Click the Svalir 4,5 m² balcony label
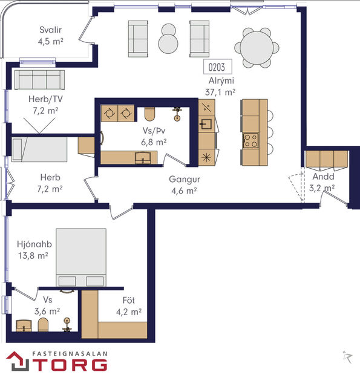(51, 36)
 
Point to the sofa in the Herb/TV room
(39, 79)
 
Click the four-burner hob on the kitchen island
(250, 141)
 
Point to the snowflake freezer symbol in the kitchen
(206, 157)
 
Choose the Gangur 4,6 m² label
(184, 184)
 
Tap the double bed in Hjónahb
(81, 257)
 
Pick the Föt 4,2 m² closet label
(128, 307)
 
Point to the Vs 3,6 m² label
(47, 305)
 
